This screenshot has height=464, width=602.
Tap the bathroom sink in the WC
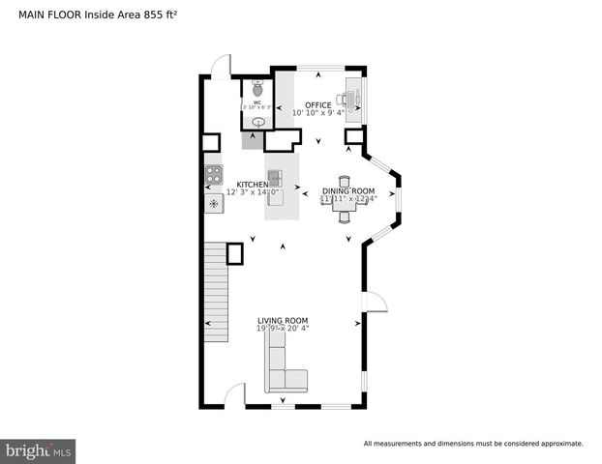(257, 123)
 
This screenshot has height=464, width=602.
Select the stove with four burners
(214, 175)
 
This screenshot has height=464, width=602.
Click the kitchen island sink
(275, 178)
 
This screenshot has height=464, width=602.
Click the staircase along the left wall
(214, 290)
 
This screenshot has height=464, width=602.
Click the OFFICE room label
(317, 105)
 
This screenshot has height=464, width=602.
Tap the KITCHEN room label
(253, 184)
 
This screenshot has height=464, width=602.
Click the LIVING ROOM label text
(283, 320)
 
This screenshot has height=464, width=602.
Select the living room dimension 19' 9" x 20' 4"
(283, 329)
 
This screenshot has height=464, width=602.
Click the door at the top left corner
(222, 66)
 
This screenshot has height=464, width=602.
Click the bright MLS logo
(39, 450)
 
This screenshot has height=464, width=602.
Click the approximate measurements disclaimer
(472, 444)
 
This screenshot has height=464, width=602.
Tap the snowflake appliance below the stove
(214, 204)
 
